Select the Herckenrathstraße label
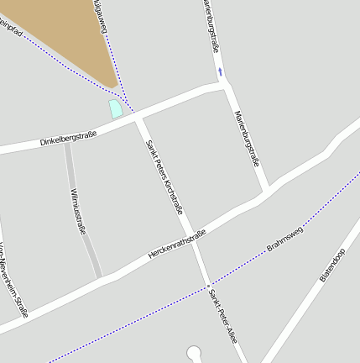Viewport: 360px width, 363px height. coord(177,245)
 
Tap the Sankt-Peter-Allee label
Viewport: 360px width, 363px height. coord(225,315)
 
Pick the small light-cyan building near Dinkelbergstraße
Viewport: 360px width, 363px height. coord(116,108)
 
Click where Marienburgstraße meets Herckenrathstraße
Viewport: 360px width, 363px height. coord(264,192)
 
